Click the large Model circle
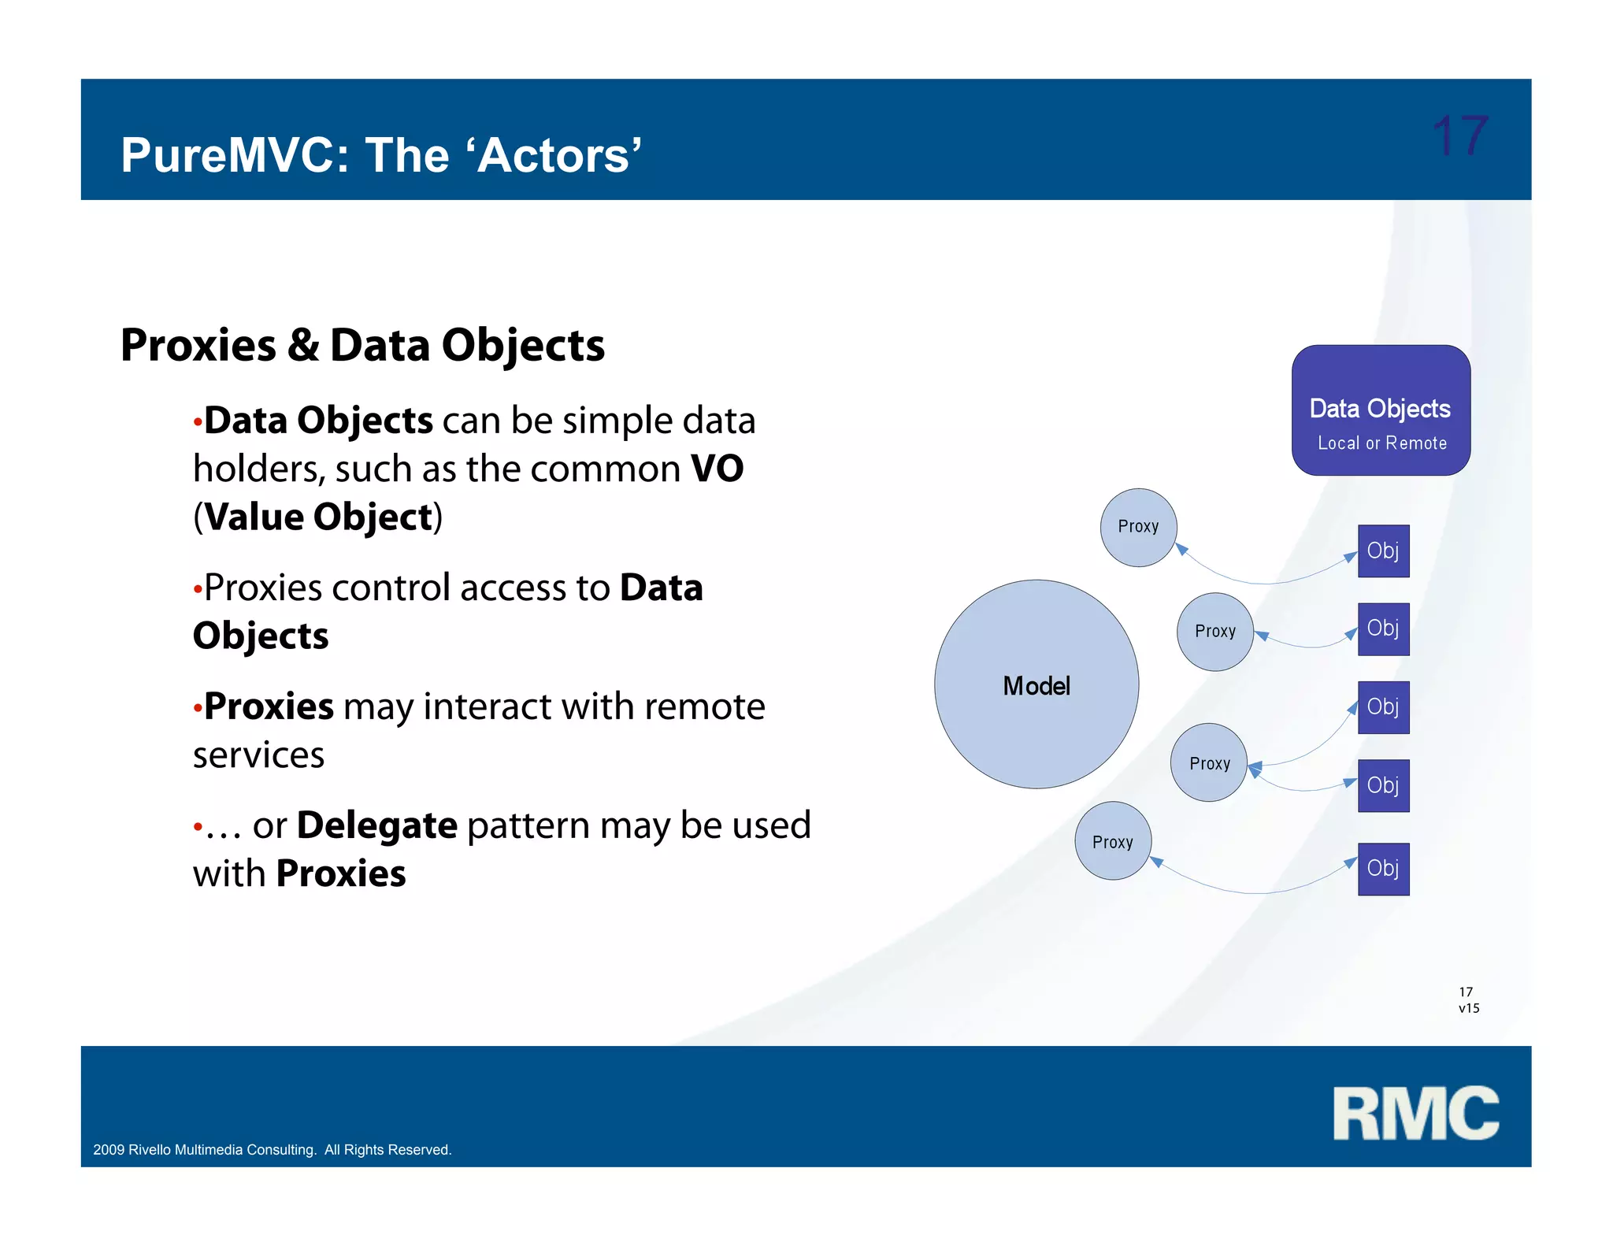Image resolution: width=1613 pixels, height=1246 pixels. pos(1036,684)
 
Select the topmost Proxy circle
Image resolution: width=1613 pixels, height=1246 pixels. pos(1138,527)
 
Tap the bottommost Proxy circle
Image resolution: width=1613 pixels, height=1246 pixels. pos(1113,841)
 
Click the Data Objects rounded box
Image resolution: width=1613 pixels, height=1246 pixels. pos(1381,410)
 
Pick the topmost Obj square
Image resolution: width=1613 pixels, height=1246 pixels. pos(1383,551)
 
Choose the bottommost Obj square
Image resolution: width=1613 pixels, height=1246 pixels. pos(1383,869)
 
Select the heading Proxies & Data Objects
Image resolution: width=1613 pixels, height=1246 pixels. pos(362,346)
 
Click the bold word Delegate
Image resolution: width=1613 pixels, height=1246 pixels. pos(377,825)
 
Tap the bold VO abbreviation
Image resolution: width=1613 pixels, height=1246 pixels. pos(717,469)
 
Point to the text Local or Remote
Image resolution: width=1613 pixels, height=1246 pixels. pos(1382,443)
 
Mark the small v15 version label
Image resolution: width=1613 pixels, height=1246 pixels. pos(1469,1008)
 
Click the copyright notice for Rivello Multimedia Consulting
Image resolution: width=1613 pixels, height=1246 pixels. pos(273,1150)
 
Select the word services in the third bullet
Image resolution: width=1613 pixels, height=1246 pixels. pos(258,755)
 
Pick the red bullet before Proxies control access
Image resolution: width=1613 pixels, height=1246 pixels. pos(198,590)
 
